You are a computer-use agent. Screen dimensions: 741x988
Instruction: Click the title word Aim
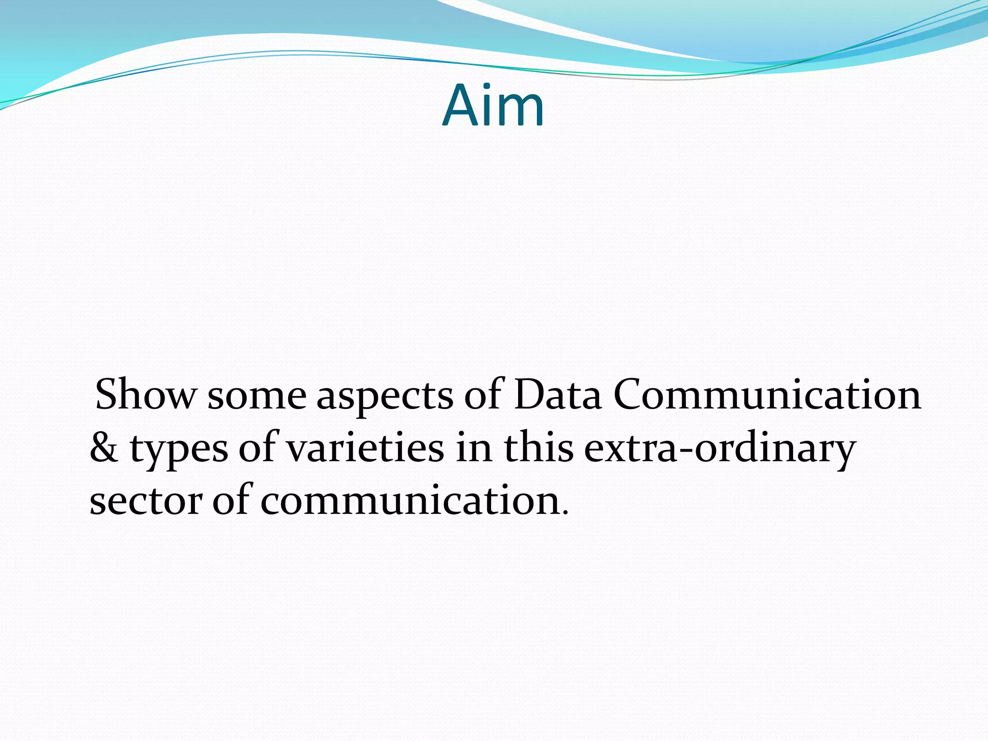tap(493, 105)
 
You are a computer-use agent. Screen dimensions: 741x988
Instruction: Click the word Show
tap(144, 395)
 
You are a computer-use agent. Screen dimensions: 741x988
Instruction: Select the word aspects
tap(384, 397)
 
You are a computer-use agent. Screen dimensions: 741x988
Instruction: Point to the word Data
tap(557, 395)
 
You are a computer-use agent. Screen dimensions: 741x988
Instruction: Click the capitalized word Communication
tap(767, 395)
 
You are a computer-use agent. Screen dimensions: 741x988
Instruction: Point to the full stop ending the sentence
tap(565, 512)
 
